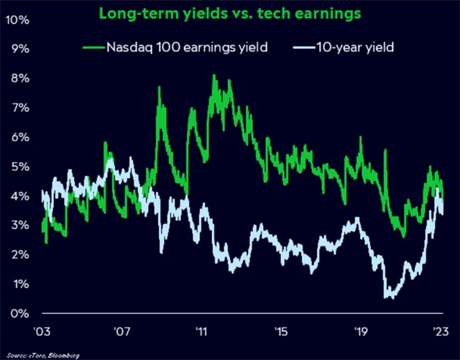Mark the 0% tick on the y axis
click(x=18, y=314)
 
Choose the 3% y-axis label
click(x=18, y=226)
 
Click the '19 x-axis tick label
click(x=362, y=333)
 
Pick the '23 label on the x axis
click(x=441, y=333)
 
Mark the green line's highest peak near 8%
click(x=214, y=75)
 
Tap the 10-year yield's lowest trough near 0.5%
click(x=389, y=296)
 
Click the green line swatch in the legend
click(x=94, y=48)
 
